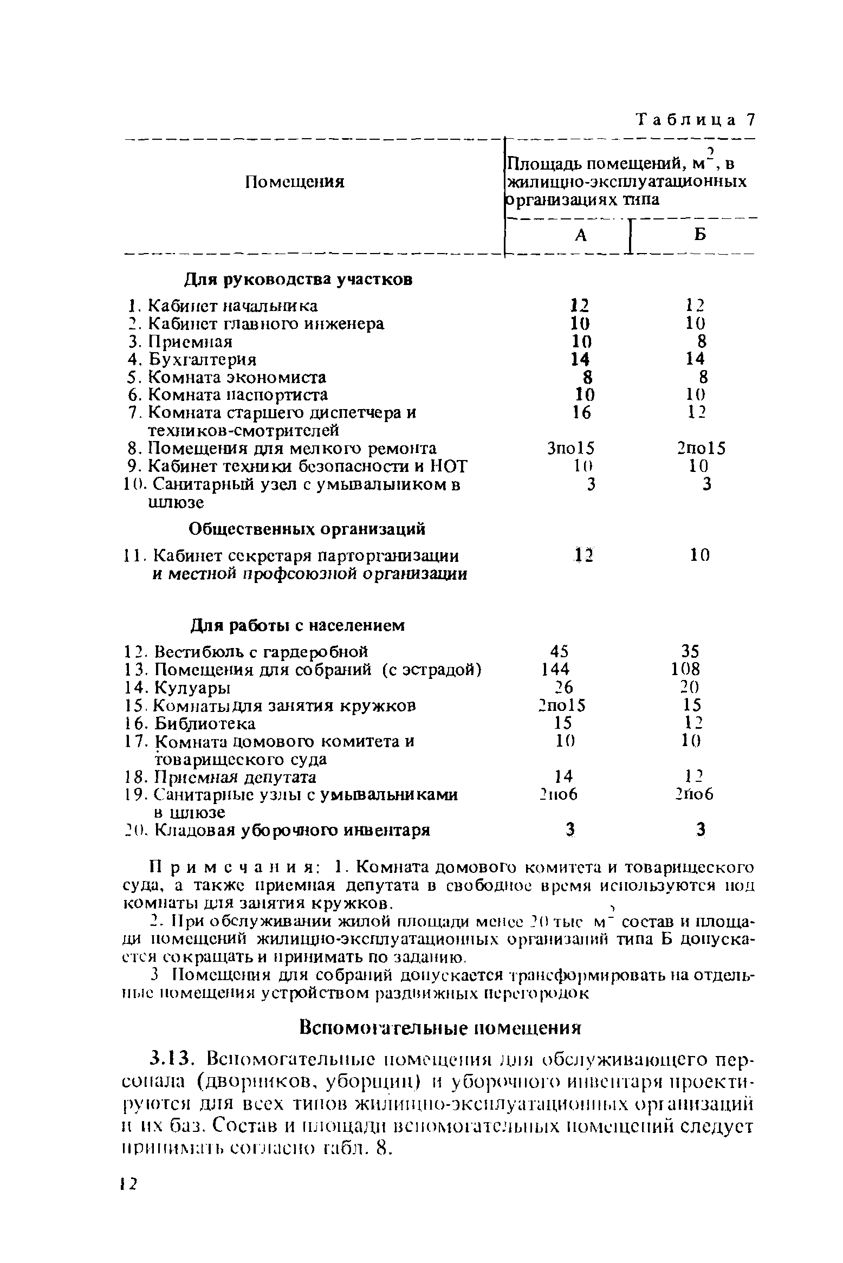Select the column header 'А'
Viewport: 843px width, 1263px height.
[x=581, y=235]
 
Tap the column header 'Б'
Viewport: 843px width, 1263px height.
[x=700, y=234]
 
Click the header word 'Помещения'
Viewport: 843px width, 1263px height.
[x=295, y=182]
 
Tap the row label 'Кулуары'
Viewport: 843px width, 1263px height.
[x=192, y=688]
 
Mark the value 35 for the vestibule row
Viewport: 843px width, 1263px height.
[x=690, y=651]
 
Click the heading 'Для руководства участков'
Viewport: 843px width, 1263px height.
[x=299, y=280]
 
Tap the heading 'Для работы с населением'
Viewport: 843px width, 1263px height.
[x=298, y=626]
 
